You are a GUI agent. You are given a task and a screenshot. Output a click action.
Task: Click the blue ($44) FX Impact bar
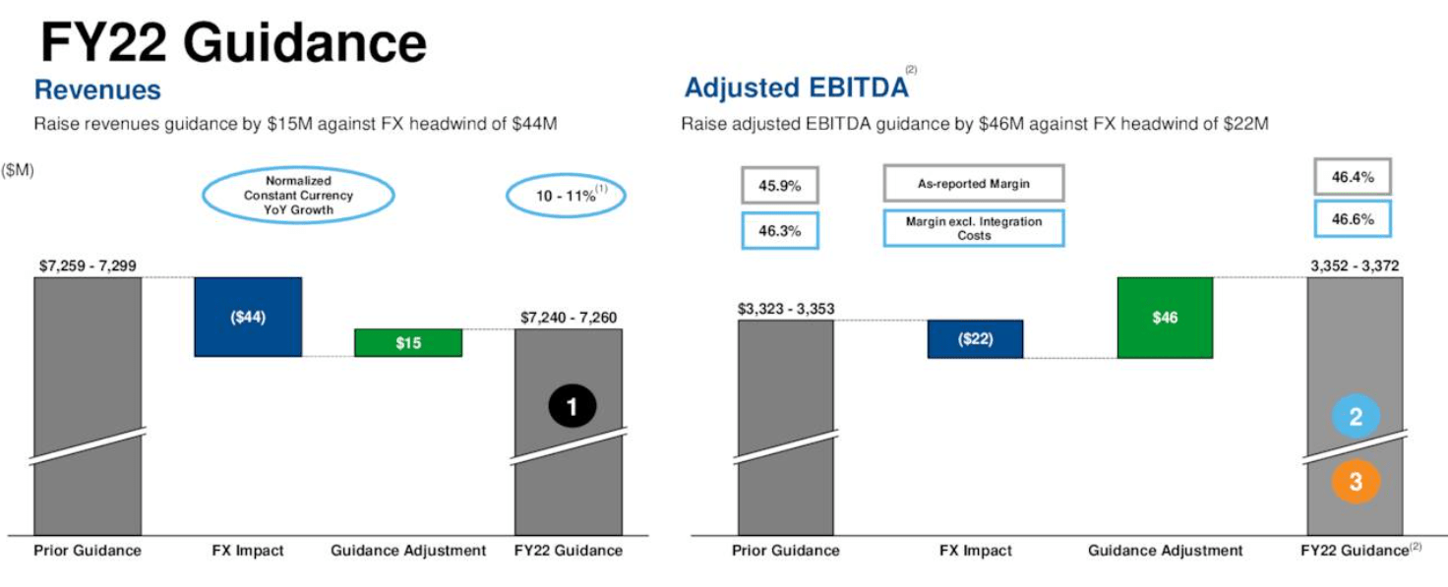click(x=248, y=317)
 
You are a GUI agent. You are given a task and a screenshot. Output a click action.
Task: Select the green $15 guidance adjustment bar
click(x=408, y=342)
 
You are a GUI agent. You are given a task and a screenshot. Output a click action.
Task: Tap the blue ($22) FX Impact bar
click(x=975, y=339)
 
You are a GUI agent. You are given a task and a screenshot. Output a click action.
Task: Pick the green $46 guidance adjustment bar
click(x=1165, y=318)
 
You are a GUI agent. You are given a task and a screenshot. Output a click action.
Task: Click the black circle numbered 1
click(x=573, y=404)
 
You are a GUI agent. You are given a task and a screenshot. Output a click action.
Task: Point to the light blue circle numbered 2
click(x=1356, y=417)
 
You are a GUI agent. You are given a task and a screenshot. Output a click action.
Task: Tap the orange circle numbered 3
click(x=1356, y=482)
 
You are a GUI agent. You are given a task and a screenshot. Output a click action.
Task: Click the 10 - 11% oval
click(x=566, y=196)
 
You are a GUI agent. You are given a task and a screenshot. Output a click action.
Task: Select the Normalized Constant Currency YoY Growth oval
click(x=298, y=195)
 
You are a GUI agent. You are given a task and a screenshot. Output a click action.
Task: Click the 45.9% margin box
click(x=779, y=185)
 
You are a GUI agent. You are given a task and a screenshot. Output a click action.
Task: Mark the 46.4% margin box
click(x=1353, y=178)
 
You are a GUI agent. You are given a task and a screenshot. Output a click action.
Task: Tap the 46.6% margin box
click(x=1353, y=219)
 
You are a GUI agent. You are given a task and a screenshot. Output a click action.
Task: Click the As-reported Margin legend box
click(x=973, y=184)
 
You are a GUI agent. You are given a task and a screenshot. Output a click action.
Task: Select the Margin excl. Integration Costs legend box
click(x=973, y=228)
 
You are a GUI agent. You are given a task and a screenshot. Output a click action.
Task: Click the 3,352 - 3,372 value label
click(x=1354, y=265)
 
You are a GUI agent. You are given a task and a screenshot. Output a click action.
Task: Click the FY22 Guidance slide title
click(x=233, y=43)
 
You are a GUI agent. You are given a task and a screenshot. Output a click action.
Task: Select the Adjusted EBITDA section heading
click(x=796, y=88)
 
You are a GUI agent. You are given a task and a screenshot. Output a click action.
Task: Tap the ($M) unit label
click(x=18, y=170)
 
